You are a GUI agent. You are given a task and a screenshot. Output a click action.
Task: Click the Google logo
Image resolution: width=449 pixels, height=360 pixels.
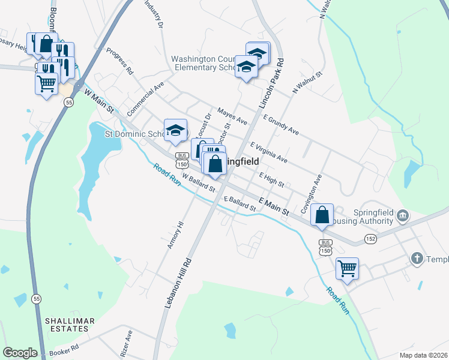click(19, 353)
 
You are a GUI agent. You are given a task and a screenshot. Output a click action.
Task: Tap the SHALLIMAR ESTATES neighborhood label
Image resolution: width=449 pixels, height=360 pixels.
click(70, 325)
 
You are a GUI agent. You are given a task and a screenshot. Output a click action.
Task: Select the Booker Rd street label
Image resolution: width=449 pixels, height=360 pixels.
click(65, 349)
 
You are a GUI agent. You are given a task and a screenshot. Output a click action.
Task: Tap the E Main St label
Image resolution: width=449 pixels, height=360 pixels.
click(274, 206)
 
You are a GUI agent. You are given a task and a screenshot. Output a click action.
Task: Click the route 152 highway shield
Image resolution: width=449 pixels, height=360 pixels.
click(370, 239)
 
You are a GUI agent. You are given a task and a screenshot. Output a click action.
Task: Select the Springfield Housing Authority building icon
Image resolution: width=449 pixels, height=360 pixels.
click(403, 215)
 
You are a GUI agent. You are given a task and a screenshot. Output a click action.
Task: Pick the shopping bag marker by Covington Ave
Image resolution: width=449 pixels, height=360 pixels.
click(322, 215)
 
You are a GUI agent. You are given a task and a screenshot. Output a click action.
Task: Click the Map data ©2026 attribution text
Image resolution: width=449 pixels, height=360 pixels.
click(423, 355)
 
